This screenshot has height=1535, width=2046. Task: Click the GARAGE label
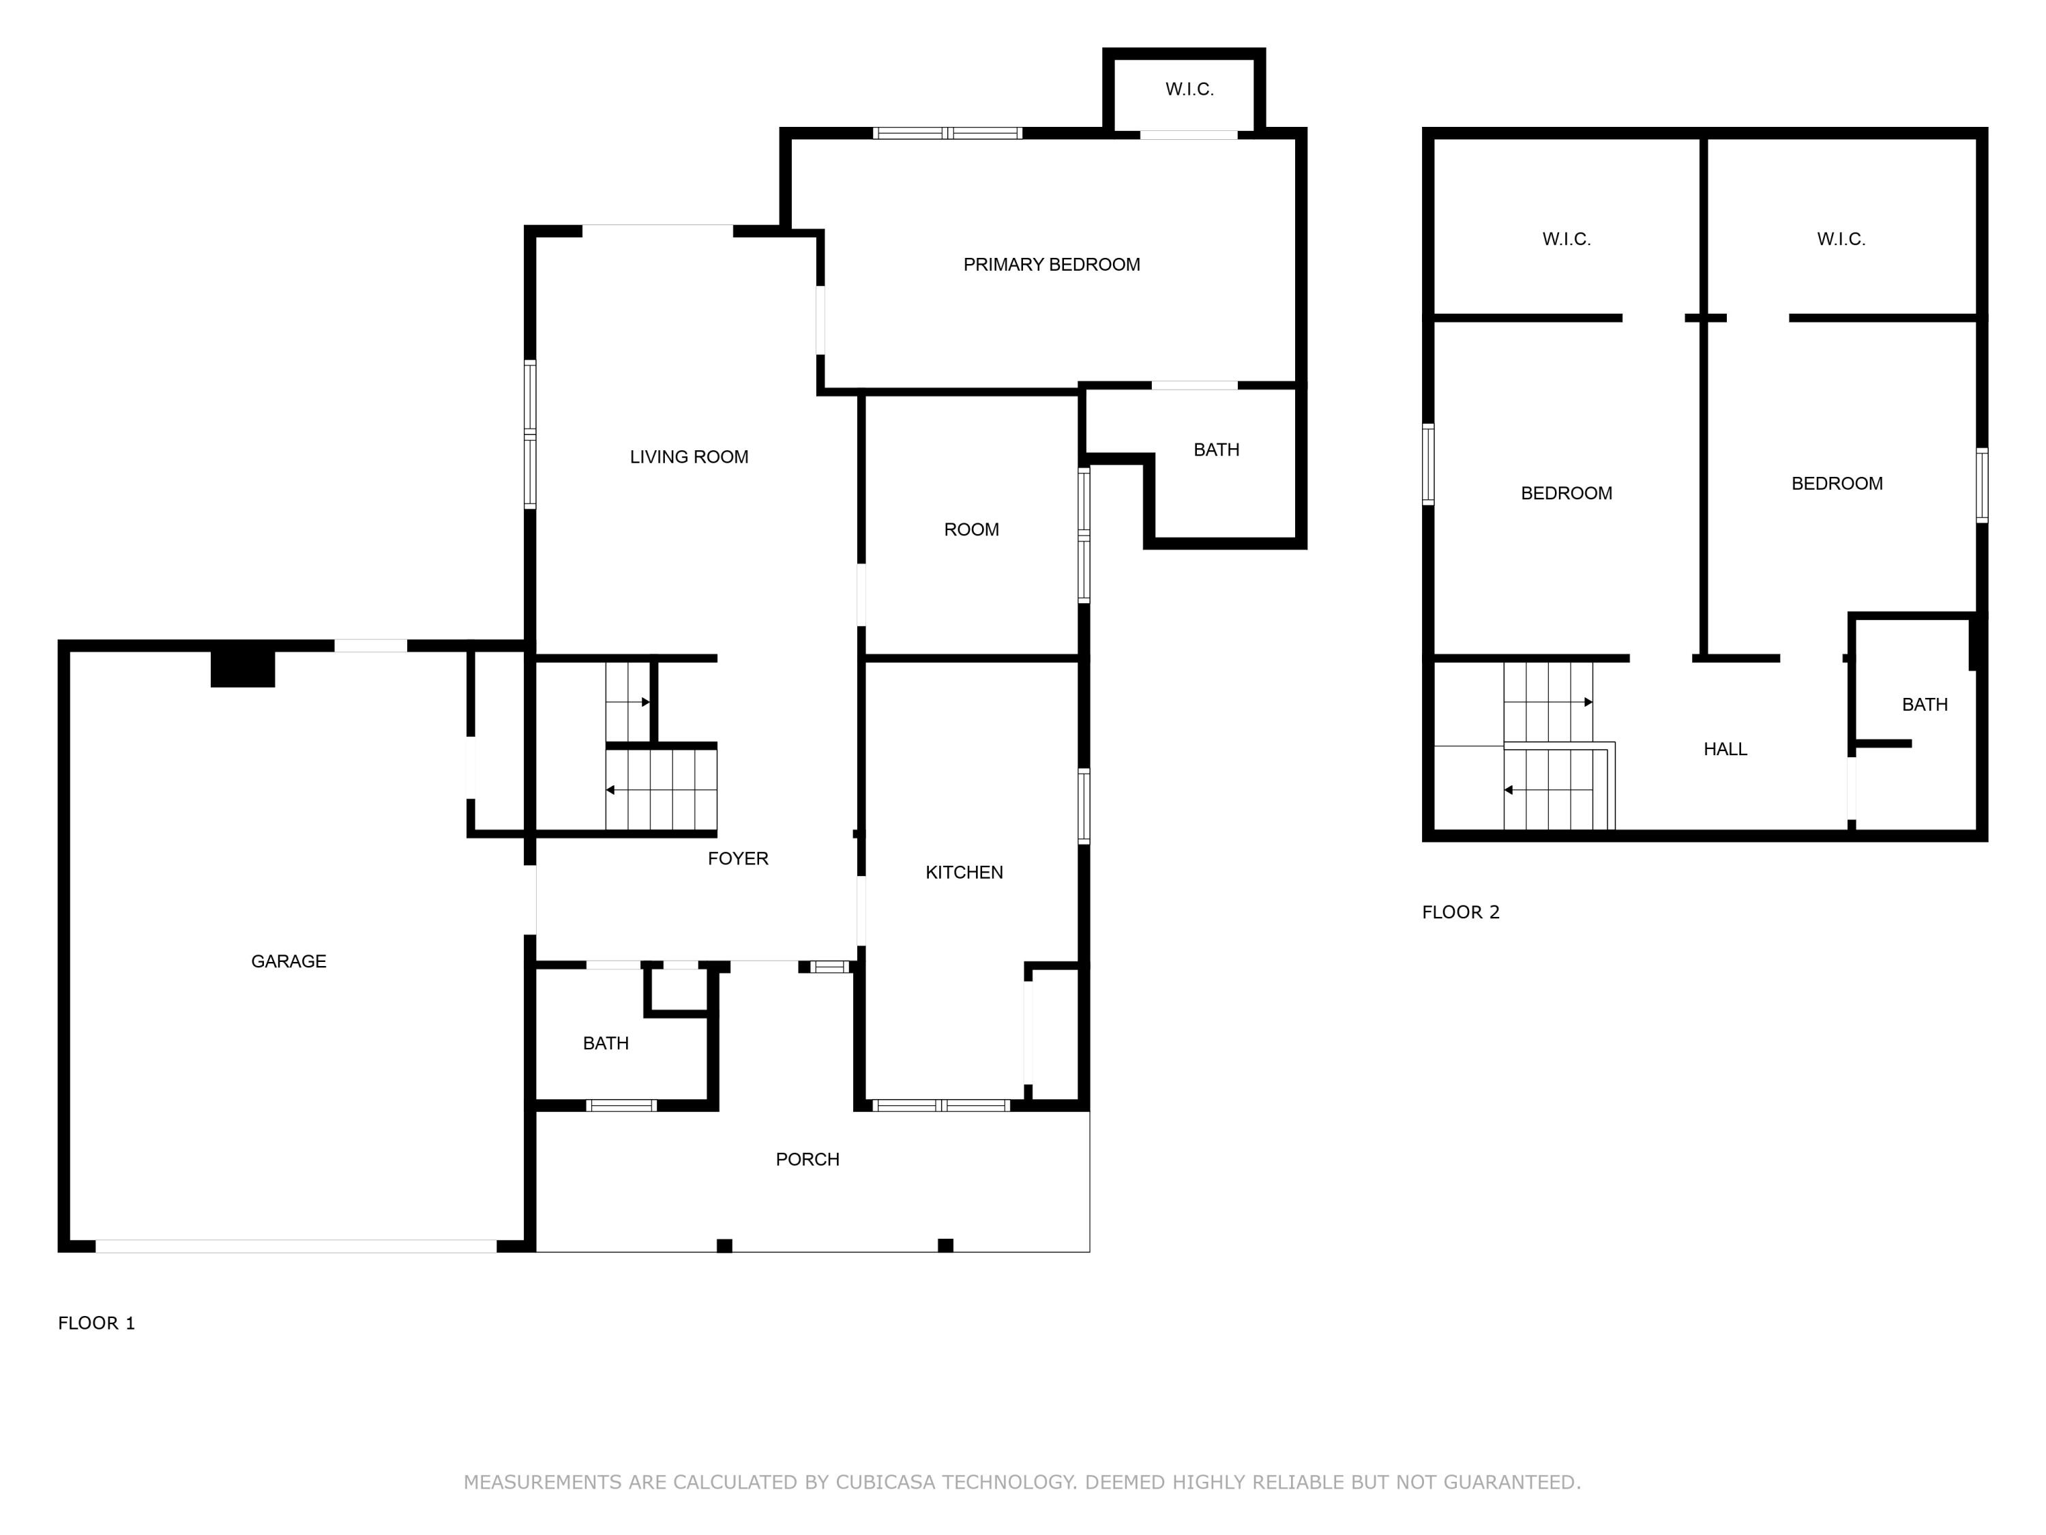click(x=288, y=961)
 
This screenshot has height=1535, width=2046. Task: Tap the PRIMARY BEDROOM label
click(x=1052, y=265)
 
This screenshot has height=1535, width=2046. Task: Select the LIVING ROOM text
click(x=689, y=457)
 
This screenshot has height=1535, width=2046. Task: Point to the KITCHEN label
click(x=964, y=873)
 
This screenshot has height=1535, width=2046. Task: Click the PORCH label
click(x=807, y=1159)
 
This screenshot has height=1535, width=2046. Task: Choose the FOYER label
click(x=738, y=859)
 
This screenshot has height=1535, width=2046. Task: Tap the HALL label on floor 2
click(x=1725, y=750)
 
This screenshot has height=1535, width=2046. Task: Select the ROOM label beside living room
click(x=971, y=530)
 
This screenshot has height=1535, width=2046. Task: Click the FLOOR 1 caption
click(x=96, y=1323)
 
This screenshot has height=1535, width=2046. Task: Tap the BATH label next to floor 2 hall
click(x=1925, y=705)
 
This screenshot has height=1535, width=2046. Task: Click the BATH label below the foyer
click(x=606, y=1044)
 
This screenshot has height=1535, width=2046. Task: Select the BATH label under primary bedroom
click(x=1216, y=450)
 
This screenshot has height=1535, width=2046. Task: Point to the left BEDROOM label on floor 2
click(x=1566, y=493)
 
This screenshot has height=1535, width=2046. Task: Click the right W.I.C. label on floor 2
click(x=1841, y=239)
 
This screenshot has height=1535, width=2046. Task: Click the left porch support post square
click(x=724, y=1245)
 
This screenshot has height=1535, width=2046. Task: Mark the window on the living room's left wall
click(x=530, y=434)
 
